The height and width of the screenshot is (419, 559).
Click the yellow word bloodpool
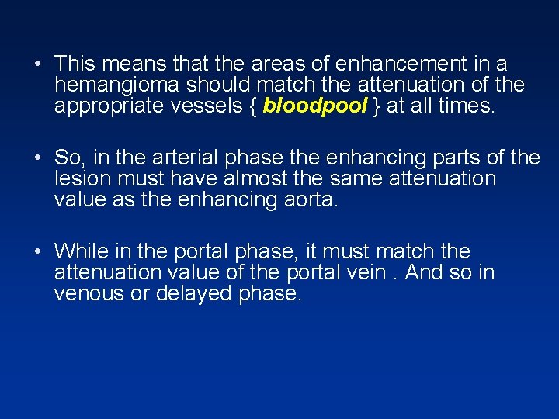[314, 106]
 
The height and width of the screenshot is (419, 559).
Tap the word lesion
[79, 179]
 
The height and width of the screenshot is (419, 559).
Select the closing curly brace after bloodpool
[376, 106]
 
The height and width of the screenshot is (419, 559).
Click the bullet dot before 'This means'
[38, 64]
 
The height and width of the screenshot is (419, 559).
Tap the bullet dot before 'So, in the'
[38, 159]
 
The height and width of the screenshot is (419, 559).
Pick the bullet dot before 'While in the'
[38, 253]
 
